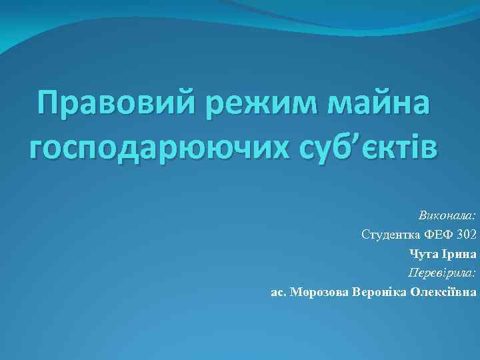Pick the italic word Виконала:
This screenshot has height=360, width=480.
tap(447, 215)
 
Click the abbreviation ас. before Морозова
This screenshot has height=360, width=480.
tap(279, 292)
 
